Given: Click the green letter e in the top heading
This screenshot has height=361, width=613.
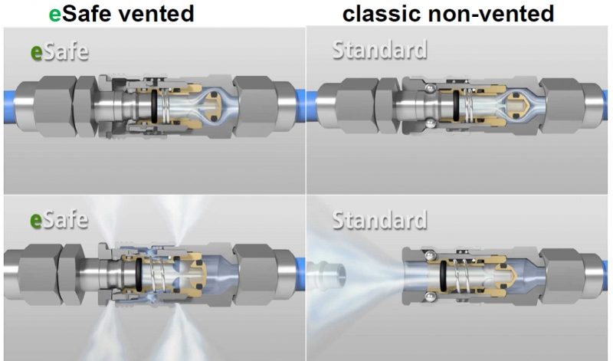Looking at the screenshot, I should pyautogui.click(x=54, y=14).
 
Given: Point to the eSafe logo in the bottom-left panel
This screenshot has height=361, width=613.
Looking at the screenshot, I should pyautogui.click(x=59, y=219).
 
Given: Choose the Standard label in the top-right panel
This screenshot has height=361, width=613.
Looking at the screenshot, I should pyautogui.click(x=379, y=51).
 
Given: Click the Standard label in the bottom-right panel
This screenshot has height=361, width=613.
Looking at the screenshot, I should pyautogui.click(x=379, y=220).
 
